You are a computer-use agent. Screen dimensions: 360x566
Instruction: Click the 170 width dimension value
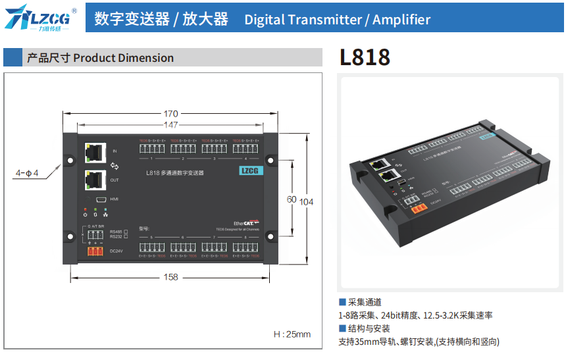[170, 114]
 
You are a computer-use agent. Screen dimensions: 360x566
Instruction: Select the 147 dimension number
[170, 124]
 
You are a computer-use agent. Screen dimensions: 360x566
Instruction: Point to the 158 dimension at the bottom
[170, 277]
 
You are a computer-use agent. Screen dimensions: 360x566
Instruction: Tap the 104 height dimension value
[306, 201]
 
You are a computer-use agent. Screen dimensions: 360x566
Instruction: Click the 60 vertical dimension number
[290, 199]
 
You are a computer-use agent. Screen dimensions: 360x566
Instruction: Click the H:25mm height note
[292, 334]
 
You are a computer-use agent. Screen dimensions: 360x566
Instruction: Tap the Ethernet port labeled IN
[95, 152]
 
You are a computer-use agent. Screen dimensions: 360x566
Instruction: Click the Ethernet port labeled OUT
[95, 179]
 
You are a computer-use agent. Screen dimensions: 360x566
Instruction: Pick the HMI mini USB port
[101, 199]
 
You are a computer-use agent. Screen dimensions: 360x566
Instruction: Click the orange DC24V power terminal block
[95, 251]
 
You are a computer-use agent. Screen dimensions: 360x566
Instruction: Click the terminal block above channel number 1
[151, 148]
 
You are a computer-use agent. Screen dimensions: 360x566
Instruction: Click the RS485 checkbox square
[126, 232]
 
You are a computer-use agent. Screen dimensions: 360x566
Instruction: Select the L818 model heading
[365, 58]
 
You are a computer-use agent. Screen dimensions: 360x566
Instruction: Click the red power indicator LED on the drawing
[86, 209]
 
